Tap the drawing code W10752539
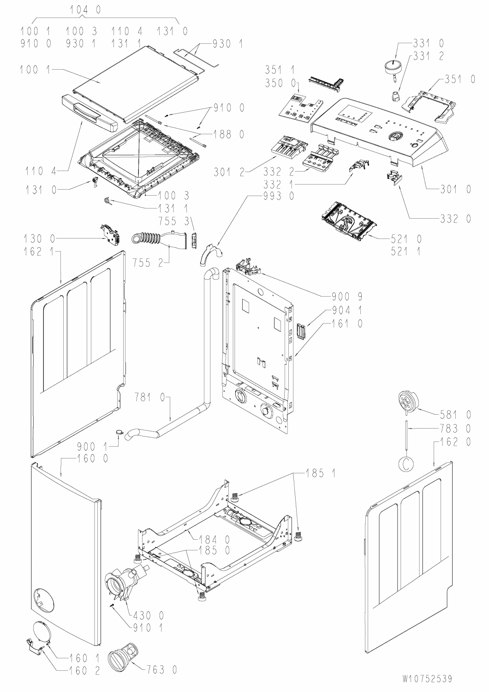coord(426,679)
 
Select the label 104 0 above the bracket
coord(85,9)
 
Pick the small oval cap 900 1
coord(119,432)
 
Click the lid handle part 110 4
coord(88,110)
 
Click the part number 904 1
coord(346,310)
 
